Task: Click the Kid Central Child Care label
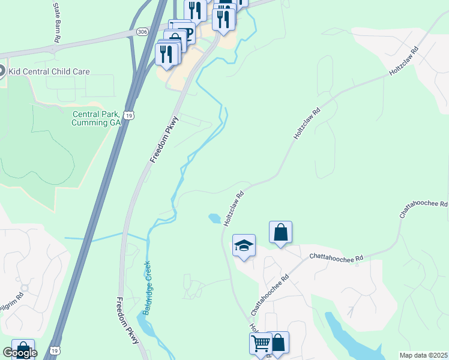point(48,72)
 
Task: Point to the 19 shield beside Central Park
point(128,115)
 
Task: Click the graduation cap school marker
point(244,245)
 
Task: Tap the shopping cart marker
point(261,344)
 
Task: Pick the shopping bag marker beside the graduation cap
point(281,233)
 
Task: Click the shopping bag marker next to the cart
point(278,343)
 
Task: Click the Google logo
point(20,353)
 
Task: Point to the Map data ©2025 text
point(423,355)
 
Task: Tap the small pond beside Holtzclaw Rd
point(214,218)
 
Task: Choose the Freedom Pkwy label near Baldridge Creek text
point(127,320)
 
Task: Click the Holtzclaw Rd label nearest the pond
point(235,209)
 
